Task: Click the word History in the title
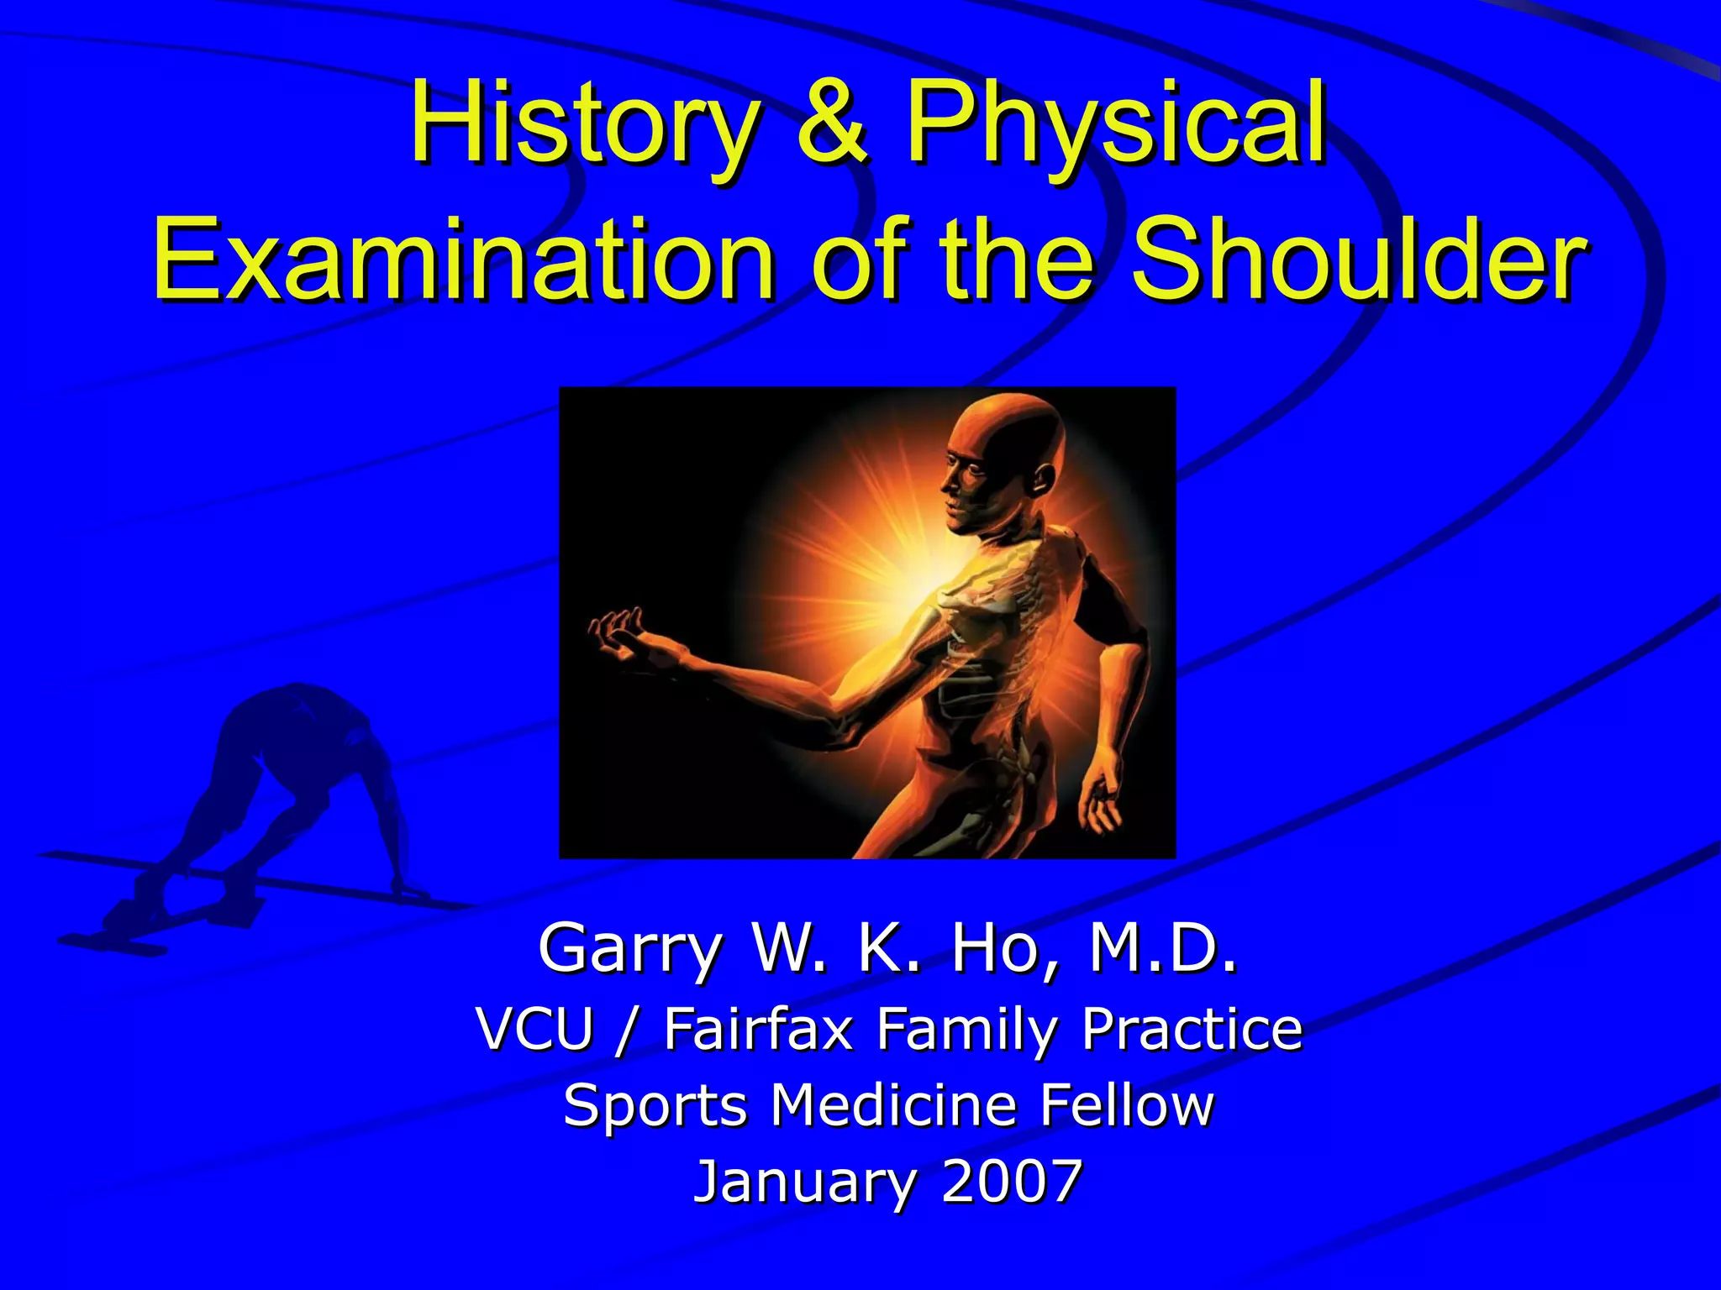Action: [x=580, y=124]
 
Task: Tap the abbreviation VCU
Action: [x=534, y=1028]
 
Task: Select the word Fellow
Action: [x=1127, y=1104]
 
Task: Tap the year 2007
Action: [x=1012, y=1181]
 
